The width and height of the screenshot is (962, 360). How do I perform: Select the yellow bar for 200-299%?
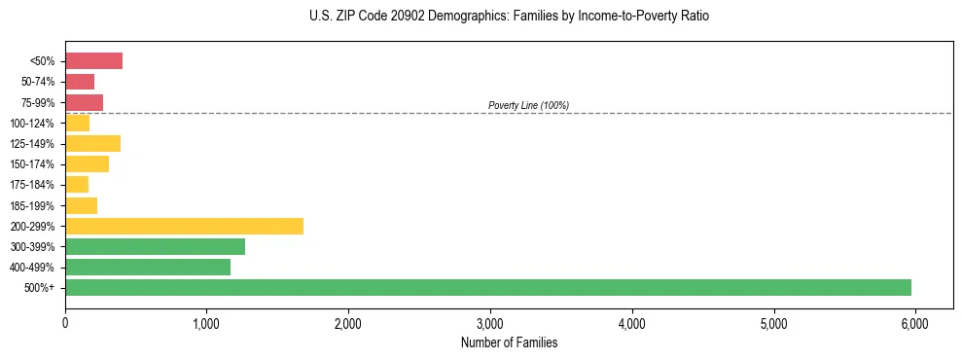tap(184, 226)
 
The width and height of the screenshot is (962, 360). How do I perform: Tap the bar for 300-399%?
tap(155, 246)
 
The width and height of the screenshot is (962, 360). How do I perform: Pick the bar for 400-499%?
tap(148, 267)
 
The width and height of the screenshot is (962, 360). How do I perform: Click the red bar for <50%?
tap(93, 61)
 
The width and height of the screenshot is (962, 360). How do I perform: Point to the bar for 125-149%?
tap(92, 144)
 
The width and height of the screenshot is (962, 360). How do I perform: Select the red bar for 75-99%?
tap(84, 102)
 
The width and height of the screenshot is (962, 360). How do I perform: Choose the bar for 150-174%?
tap(87, 164)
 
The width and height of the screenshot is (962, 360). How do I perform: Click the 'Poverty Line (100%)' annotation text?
tap(528, 105)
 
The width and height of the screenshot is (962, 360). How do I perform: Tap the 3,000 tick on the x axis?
tap(490, 322)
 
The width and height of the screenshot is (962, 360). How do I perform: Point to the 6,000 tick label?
tap(915, 322)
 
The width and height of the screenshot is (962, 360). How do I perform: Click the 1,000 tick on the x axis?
tap(206, 322)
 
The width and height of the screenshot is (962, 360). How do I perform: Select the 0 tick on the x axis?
tap(65, 322)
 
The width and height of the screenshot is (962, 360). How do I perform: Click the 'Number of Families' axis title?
tap(509, 342)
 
